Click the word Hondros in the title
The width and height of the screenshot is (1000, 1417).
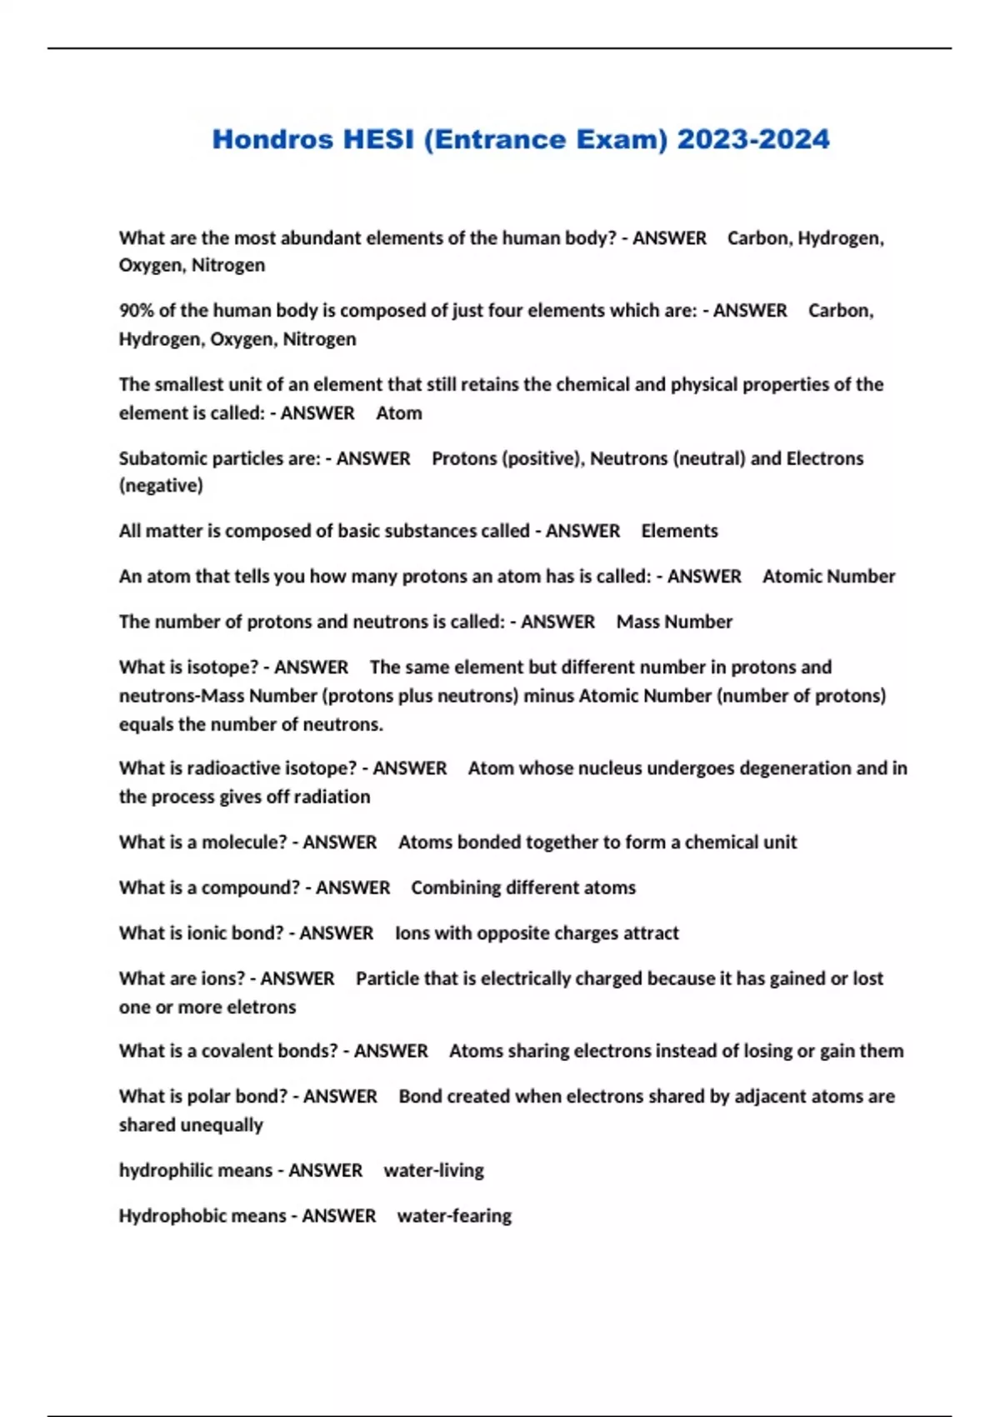point(272,139)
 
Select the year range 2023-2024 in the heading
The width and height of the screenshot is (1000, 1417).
point(753,139)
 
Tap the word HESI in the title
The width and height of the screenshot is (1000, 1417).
point(378,139)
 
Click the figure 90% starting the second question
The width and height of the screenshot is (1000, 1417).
point(136,311)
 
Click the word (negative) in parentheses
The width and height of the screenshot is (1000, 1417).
point(161,486)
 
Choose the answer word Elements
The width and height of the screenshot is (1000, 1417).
point(679,532)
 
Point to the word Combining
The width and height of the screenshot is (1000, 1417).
point(455,888)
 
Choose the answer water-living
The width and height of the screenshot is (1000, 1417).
point(433,1171)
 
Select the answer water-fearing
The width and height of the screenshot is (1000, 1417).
point(454,1216)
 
